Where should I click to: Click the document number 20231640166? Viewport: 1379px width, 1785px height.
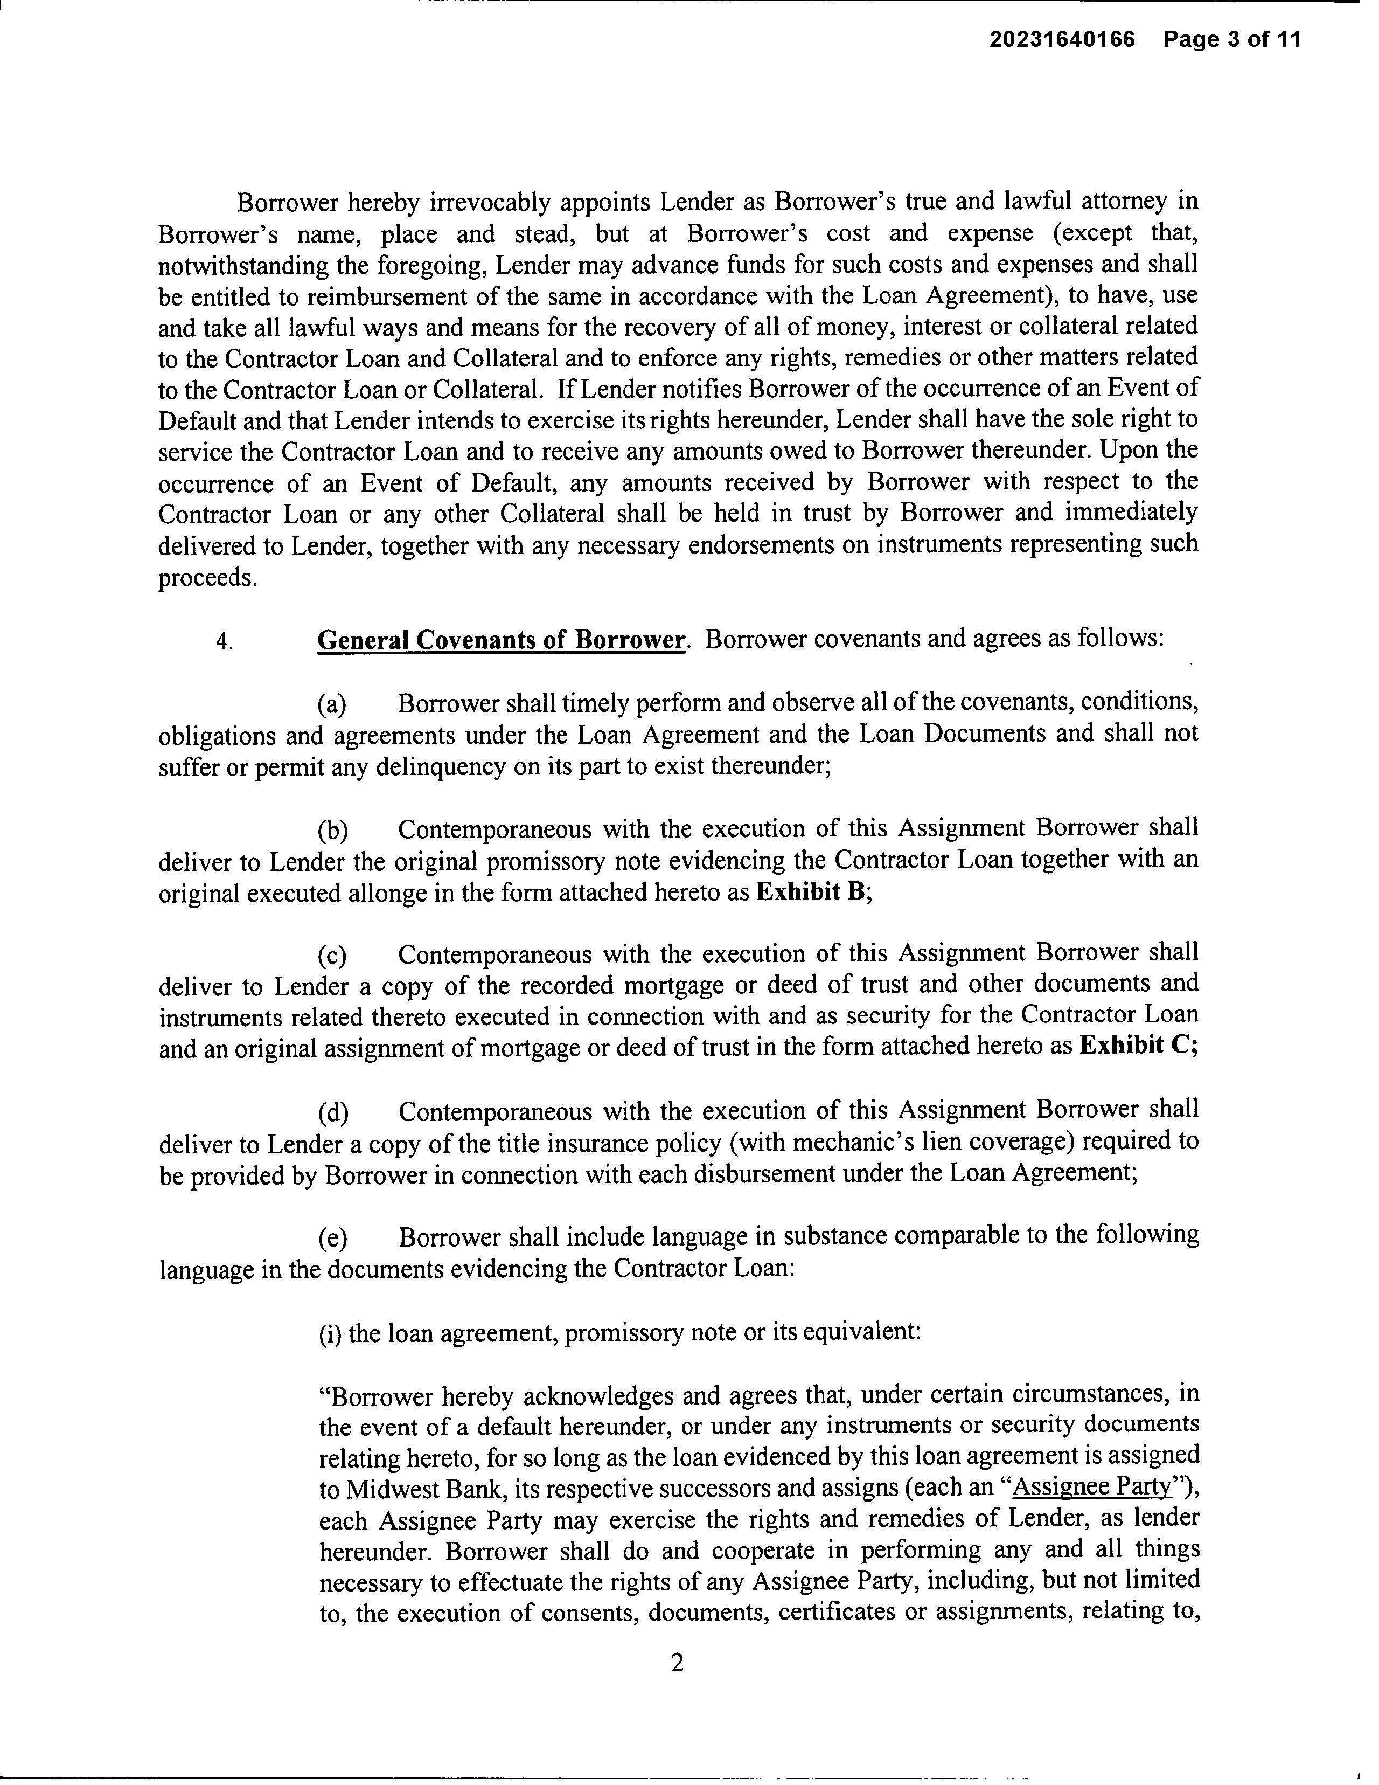[1062, 39]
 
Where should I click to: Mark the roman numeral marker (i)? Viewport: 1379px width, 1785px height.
[330, 1333]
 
